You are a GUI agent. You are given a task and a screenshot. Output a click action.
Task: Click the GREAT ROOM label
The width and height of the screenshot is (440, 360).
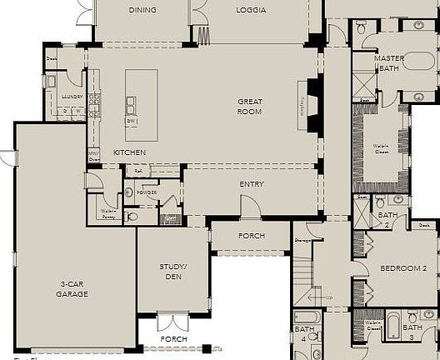[249, 106]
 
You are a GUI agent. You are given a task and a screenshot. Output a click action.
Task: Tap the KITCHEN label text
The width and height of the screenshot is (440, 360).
[129, 152]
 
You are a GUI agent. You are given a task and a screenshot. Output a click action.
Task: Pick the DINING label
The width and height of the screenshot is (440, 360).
[142, 10]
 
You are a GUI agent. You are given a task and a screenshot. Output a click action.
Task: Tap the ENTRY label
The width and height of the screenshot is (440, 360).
[252, 184]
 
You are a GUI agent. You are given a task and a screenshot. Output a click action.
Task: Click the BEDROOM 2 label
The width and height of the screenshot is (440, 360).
[403, 268]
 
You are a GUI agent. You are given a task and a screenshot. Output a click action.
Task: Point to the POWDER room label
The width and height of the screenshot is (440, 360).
[148, 192]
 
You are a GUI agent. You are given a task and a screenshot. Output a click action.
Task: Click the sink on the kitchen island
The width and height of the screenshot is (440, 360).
[132, 104]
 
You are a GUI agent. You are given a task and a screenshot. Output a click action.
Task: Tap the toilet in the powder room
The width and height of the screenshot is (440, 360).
[129, 192]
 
